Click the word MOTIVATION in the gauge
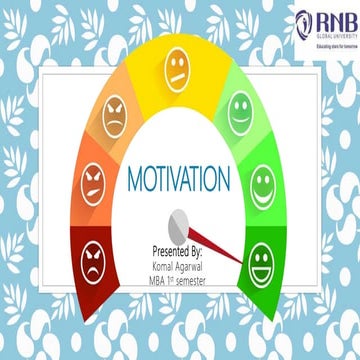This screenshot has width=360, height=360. pyautogui.click(x=180, y=181)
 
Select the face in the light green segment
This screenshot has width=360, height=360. pyautogui.click(x=240, y=105)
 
